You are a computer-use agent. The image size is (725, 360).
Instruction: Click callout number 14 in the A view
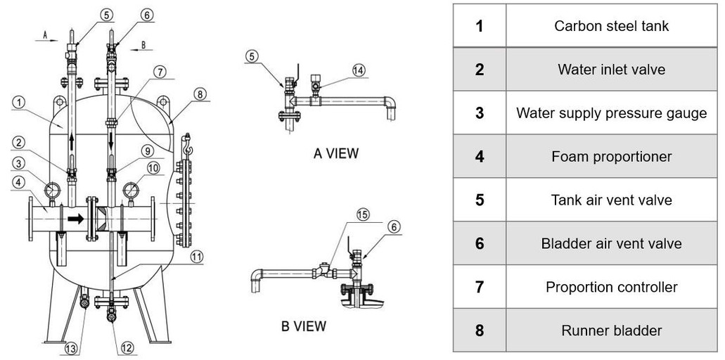(359, 70)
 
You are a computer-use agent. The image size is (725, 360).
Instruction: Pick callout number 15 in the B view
(362, 216)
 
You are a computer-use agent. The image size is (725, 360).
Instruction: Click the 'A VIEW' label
(335, 153)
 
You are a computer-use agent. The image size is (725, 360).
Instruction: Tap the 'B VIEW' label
(303, 326)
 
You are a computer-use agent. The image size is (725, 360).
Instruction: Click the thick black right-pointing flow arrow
(75, 219)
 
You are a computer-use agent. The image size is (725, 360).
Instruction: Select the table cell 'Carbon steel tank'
(611, 26)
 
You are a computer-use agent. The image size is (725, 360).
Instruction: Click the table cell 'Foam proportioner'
(611, 156)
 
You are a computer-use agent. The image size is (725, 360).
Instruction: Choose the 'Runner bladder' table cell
(611, 330)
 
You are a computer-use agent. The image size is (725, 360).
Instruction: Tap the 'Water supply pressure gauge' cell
(611, 112)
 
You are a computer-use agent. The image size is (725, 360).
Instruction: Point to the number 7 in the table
(479, 287)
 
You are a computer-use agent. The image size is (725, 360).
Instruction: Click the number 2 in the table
(479, 70)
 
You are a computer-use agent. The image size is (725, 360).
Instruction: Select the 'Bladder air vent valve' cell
(611, 243)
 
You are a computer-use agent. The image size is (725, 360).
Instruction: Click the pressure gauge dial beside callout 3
(52, 191)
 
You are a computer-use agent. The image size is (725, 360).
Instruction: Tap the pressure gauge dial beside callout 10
(131, 191)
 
